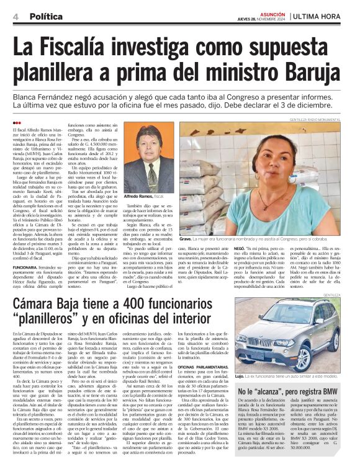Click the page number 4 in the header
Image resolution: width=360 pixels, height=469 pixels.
(14, 17)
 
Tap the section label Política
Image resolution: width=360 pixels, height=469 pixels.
(46, 17)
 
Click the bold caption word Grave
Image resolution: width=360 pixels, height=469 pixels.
(186, 239)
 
